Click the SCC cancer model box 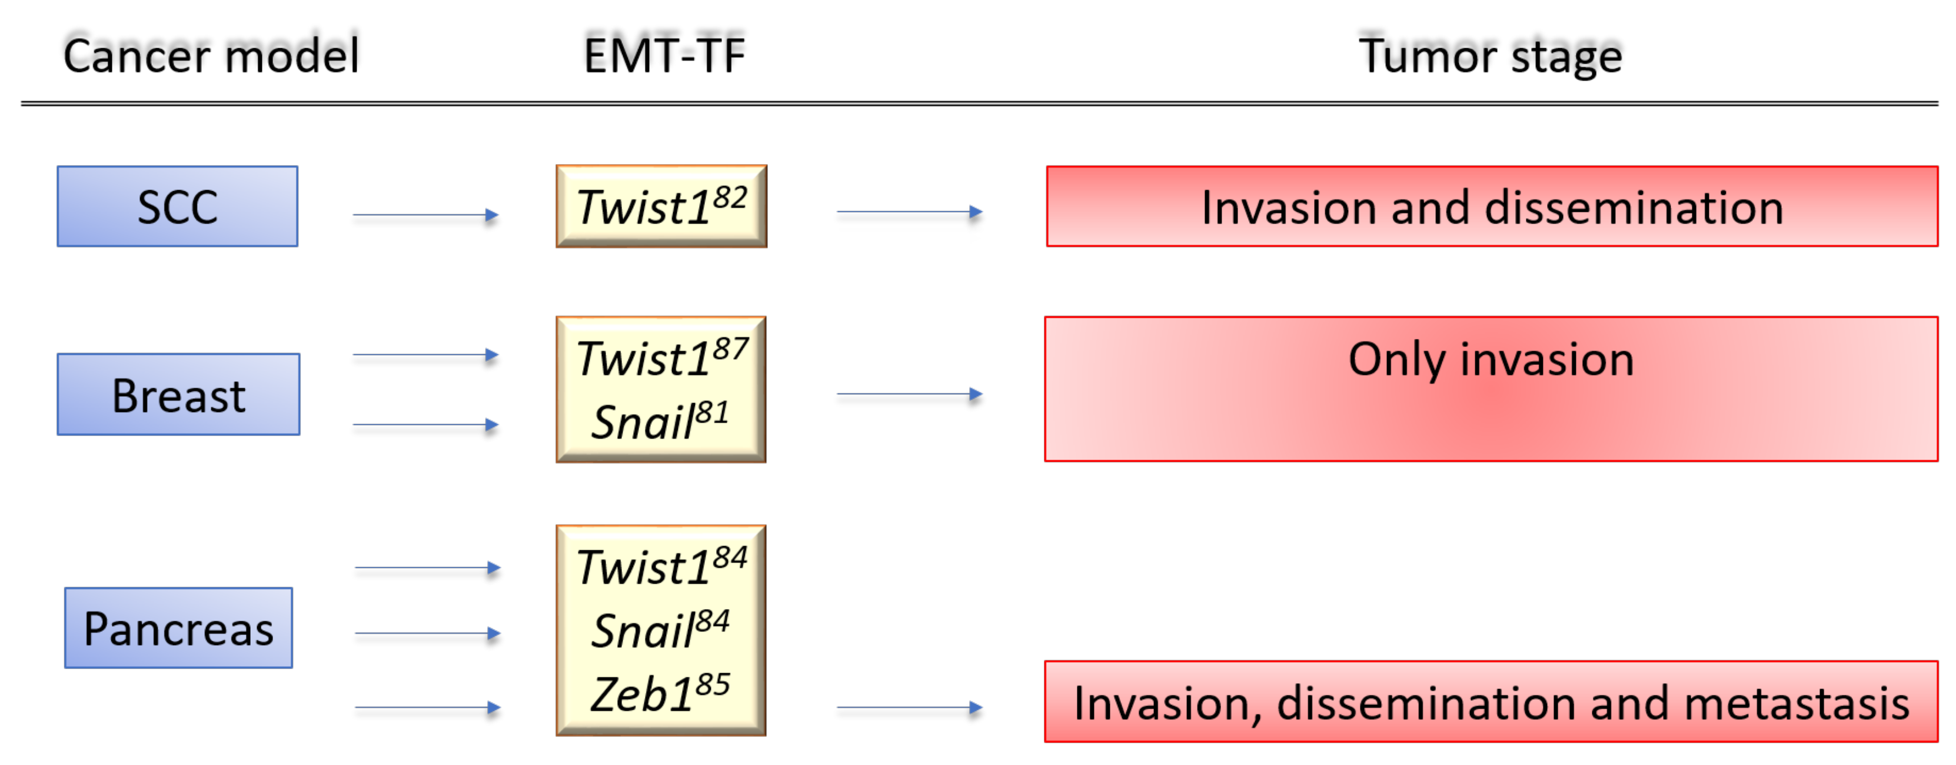[x=178, y=207]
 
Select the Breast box [x=178, y=395]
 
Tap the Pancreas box [x=178, y=629]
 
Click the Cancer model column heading [x=211, y=55]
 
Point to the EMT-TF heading [x=664, y=55]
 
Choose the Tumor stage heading [x=1490, y=55]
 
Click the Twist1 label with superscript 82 [x=661, y=206]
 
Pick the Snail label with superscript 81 [x=659, y=421]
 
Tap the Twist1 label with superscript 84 [x=661, y=566]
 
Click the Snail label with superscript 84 [x=659, y=630]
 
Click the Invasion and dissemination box [x=1491, y=207]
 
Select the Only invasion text [x=1491, y=358]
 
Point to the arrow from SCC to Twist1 [x=425, y=215]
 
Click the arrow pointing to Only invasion [x=910, y=394]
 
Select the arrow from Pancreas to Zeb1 [x=427, y=708]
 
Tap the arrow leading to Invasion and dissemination [x=910, y=212]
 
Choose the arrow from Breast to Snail [x=425, y=425]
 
